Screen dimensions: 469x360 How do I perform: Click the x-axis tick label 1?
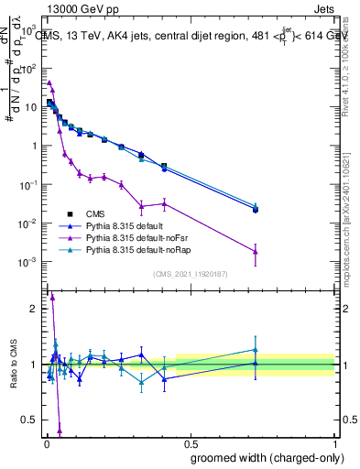[335, 445]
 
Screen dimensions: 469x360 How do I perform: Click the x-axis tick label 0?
[46, 445]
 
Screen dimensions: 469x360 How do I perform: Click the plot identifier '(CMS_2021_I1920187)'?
[190, 274]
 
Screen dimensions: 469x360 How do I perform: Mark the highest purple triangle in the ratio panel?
[52, 297]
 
